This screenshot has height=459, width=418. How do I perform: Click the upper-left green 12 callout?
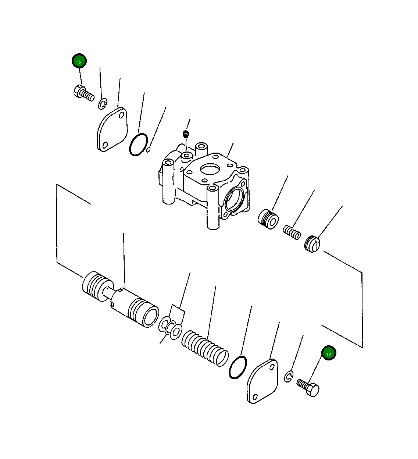(79, 61)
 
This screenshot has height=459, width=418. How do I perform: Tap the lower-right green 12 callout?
(329, 353)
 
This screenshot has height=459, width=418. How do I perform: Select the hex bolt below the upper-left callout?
(84, 93)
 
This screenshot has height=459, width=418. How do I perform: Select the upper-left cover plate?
(112, 129)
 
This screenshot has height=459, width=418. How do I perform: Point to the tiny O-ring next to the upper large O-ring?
(148, 150)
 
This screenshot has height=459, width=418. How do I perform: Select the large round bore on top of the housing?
(210, 169)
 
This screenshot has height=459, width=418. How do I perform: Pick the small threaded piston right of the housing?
(268, 219)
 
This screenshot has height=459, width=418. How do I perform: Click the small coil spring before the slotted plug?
(292, 232)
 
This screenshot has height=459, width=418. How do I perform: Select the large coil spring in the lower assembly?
(205, 349)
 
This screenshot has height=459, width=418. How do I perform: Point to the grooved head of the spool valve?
(97, 286)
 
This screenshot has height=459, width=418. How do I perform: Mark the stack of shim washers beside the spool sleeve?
(171, 328)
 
